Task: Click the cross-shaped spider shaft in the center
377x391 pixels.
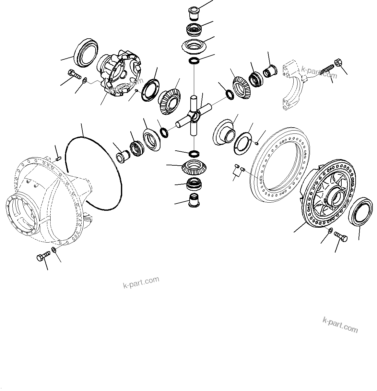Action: (194, 115)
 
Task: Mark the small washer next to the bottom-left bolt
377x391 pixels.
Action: (54, 250)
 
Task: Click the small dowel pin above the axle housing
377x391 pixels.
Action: (58, 158)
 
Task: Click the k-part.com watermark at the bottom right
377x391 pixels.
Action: (340, 325)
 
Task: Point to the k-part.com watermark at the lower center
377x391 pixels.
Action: (141, 283)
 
